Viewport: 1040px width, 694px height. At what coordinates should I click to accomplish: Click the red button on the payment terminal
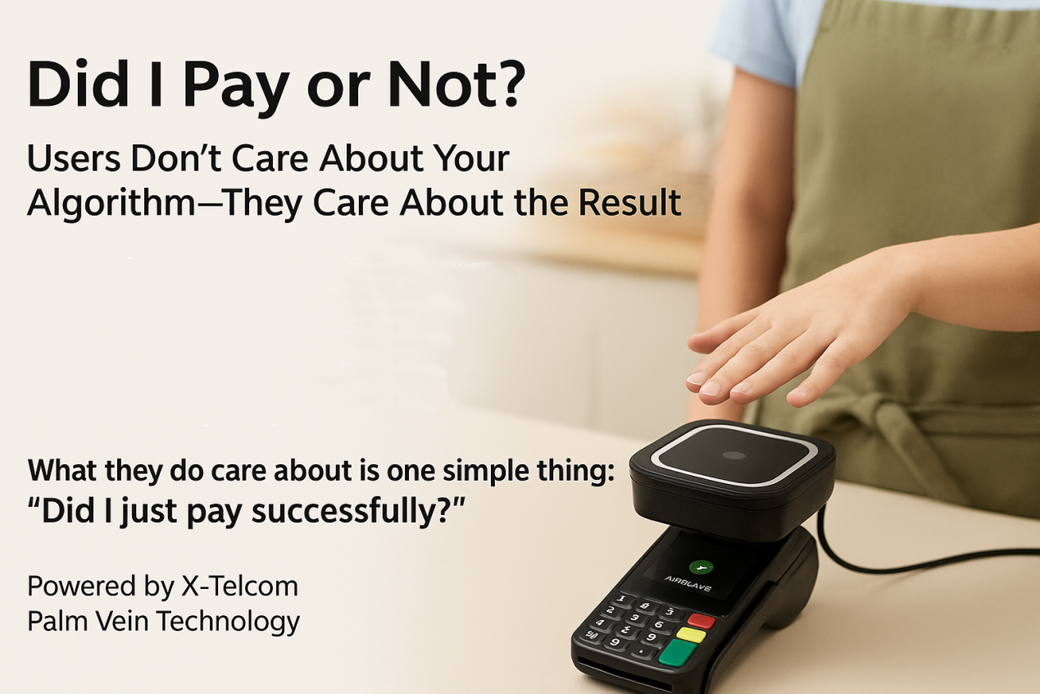(701, 620)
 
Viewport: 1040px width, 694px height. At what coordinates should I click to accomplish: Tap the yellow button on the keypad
(692, 634)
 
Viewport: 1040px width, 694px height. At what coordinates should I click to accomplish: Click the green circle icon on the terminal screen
(701, 567)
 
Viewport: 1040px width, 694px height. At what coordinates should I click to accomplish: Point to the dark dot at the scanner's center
(734, 455)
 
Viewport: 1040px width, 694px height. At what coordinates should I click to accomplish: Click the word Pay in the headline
(237, 89)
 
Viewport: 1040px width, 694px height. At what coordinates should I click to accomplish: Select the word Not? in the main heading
(456, 84)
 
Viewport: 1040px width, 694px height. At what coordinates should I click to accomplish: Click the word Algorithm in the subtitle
(111, 203)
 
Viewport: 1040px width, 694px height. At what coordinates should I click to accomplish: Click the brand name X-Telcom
(239, 586)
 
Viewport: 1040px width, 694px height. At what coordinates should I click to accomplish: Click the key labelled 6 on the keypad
(658, 623)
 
